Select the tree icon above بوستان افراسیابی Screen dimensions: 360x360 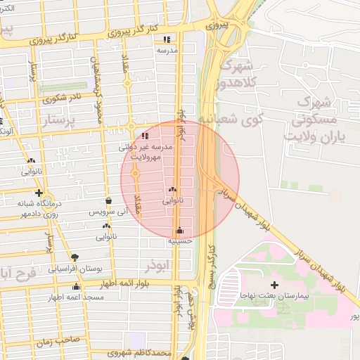click(76, 257)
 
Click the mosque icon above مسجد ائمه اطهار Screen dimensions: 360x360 click(76, 287)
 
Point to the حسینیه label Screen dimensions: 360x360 click(180, 240)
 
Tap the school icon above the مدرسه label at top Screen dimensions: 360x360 click(167, 39)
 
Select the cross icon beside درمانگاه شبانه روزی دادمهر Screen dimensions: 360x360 click(39, 193)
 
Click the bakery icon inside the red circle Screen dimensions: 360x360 click(172, 190)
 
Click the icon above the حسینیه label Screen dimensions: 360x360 click(180, 230)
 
